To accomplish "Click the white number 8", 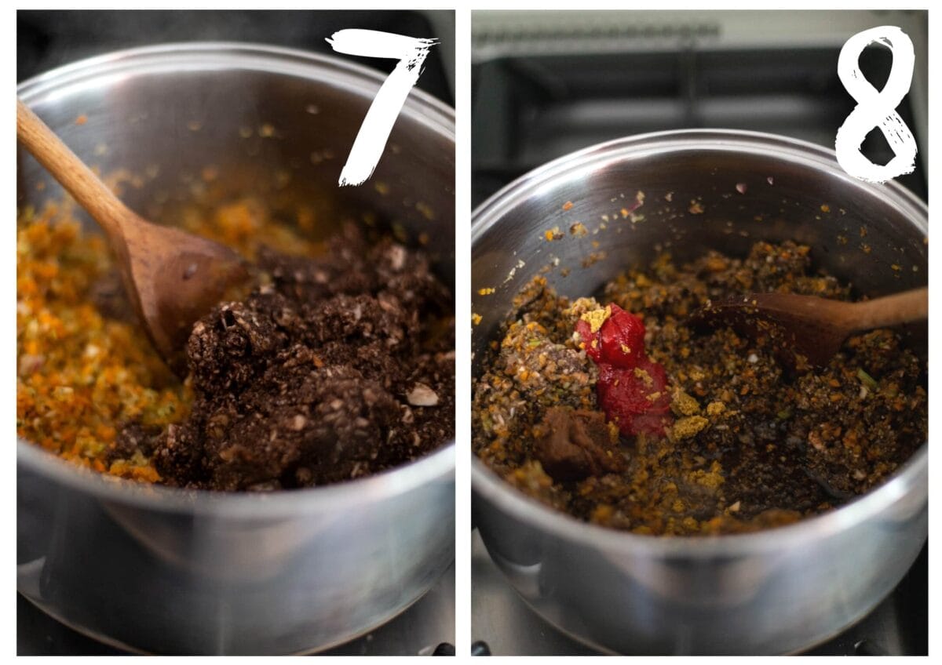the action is (877, 105).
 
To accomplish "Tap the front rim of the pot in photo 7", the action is (235, 500).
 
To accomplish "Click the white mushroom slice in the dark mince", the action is (422, 396).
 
